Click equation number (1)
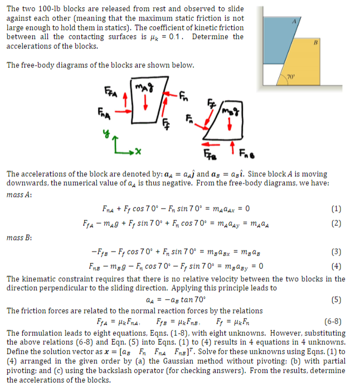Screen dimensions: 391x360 point(335,210)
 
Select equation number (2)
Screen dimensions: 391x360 point(335,223)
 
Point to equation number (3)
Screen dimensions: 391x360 point(335,252)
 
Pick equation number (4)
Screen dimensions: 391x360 point(335,266)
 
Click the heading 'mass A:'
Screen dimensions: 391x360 point(18,195)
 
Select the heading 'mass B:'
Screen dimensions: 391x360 point(18,238)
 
